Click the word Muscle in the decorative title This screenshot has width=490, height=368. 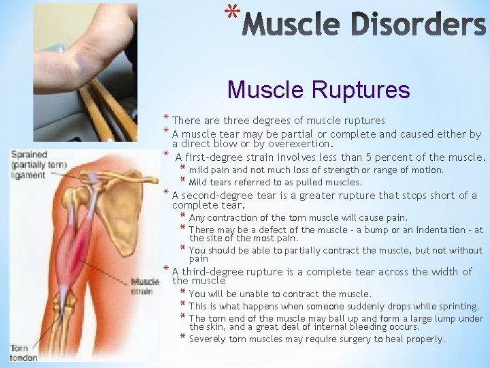point(291,26)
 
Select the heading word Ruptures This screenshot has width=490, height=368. point(367,89)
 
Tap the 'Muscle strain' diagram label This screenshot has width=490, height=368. point(145,286)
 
